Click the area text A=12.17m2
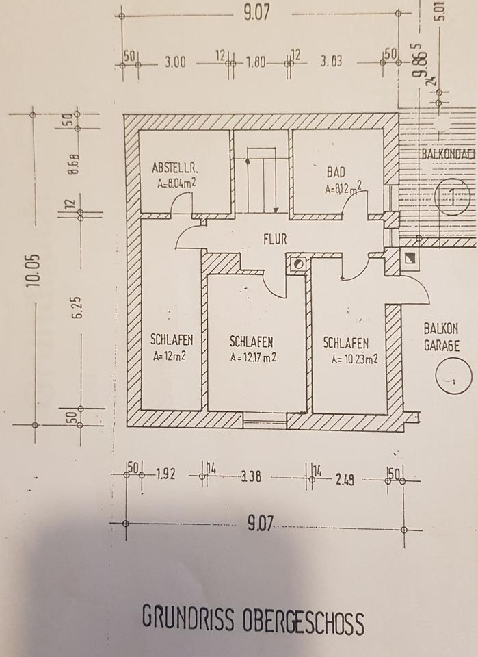(253, 357)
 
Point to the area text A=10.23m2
(355, 358)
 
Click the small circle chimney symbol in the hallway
(298, 262)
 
